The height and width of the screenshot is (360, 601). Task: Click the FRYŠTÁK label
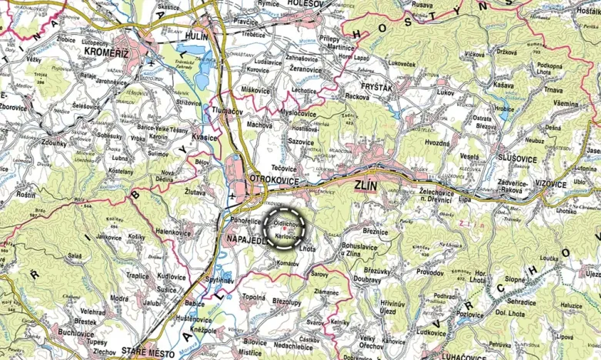(x=359, y=88)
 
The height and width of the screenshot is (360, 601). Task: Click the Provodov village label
(x=431, y=272)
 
